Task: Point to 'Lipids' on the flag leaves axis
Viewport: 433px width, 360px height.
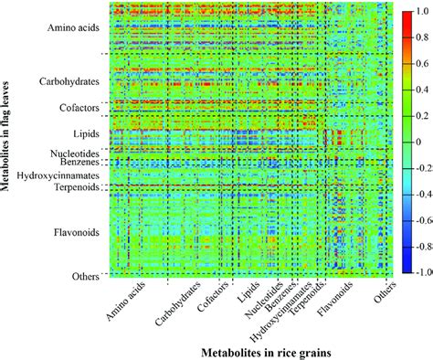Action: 85,133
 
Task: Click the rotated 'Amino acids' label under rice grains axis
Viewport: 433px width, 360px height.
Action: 125,300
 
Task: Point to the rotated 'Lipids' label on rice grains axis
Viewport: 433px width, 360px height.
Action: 251,292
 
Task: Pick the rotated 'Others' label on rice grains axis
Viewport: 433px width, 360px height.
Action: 385,292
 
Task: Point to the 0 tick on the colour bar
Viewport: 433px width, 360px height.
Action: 418,143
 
